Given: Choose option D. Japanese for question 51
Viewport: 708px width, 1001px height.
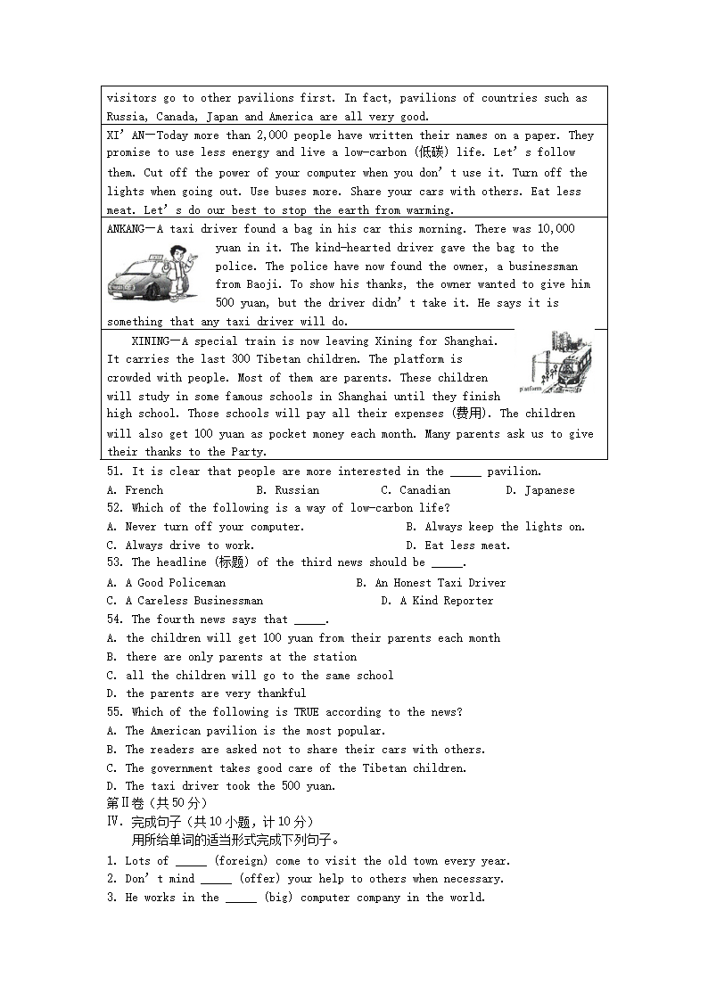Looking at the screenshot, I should pyautogui.click(x=540, y=490).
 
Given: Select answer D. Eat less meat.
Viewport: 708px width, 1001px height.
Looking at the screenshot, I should pyautogui.click(x=458, y=546).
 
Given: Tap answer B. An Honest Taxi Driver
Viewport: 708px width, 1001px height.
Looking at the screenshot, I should pyautogui.click(x=431, y=583).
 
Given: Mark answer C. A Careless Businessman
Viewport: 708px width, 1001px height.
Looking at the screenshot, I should pyautogui.click(x=185, y=601).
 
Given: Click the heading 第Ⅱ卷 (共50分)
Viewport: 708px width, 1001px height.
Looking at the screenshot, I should pyautogui.click(x=157, y=803).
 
